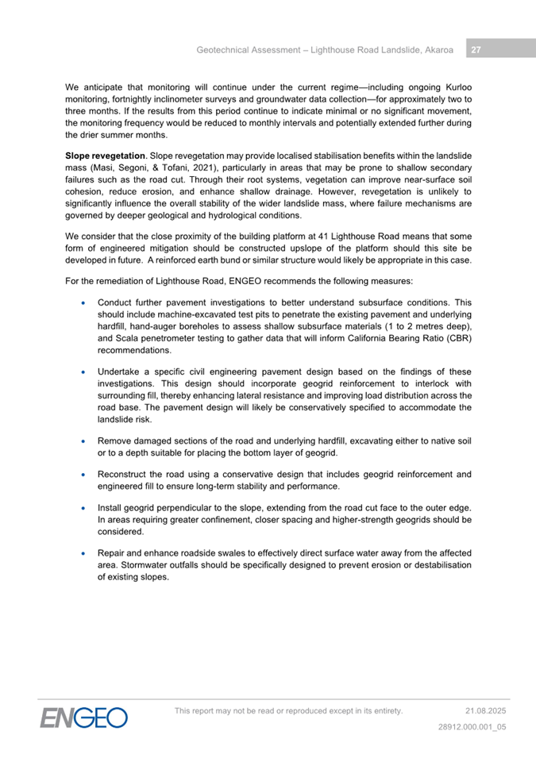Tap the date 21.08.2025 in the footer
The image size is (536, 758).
coord(485,710)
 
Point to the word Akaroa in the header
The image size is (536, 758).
coord(437,50)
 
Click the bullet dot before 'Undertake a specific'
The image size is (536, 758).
coord(84,372)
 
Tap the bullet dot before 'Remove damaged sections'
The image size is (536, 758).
coord(84,441)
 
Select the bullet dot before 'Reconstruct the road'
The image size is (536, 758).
coord(84,475)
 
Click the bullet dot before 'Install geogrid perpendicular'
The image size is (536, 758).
coord(84,508)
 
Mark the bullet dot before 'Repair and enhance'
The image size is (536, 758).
coord(84,553)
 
